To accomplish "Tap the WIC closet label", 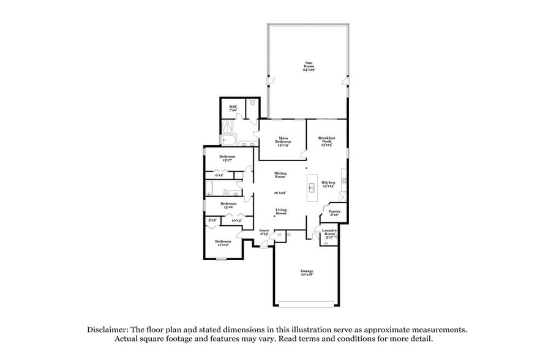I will tap(233, 108).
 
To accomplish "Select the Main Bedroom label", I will tap(283, 141).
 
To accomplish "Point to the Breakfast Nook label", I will tap(326, 141).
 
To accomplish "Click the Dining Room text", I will tap(280, 175).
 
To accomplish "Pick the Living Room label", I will tap(280, 212).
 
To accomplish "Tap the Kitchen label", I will tap(328, 184).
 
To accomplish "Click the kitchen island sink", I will tap(312, 187).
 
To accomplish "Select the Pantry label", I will tap(334, 212).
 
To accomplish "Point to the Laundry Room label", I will tap(329, 233).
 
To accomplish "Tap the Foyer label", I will tap(264, 232).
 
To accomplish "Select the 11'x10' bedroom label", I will tap(222, 242).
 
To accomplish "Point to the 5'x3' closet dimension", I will tap(212, 220).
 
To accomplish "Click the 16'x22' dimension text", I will tap(280, 192).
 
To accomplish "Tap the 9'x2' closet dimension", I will tap(219, 175).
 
